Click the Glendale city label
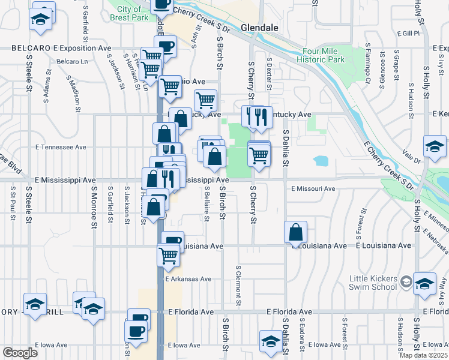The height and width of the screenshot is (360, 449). (259, 28)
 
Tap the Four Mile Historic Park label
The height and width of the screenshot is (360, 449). (324, 55)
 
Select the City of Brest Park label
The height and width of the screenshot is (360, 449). (130, 13)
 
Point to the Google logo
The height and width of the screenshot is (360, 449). (20, 353)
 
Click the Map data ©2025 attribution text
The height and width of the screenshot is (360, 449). (423, 355)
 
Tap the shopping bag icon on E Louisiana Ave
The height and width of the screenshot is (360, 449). (296, 232)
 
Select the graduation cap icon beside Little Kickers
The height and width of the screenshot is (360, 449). (424, 284)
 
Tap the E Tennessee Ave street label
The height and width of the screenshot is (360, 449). (61, 147)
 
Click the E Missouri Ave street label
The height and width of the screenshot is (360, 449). (313, 188)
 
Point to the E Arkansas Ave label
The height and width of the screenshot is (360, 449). (189, 279)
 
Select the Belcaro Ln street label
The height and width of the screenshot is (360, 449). (72, 61)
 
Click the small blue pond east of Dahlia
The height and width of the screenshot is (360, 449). (321, 161)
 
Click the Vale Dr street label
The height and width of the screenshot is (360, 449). (412, 157)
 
